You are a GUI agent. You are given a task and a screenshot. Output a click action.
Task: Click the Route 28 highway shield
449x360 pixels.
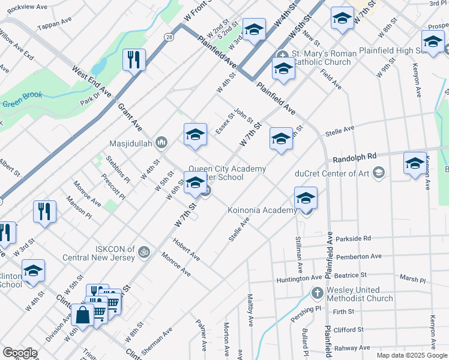tap(169, 37)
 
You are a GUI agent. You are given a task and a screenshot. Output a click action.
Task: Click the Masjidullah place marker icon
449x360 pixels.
tap(160, 143)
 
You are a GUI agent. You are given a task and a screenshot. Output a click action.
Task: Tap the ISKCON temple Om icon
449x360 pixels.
tap(143, 251)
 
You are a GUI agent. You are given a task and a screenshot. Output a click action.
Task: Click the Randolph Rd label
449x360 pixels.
tap(354, 158)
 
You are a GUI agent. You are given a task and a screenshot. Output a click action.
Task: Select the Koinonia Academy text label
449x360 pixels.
tap(262, 210)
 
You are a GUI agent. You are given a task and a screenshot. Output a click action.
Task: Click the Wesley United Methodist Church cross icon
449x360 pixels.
tap(317, 293)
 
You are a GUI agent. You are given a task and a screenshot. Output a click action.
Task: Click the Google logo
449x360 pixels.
tap(20, 353)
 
